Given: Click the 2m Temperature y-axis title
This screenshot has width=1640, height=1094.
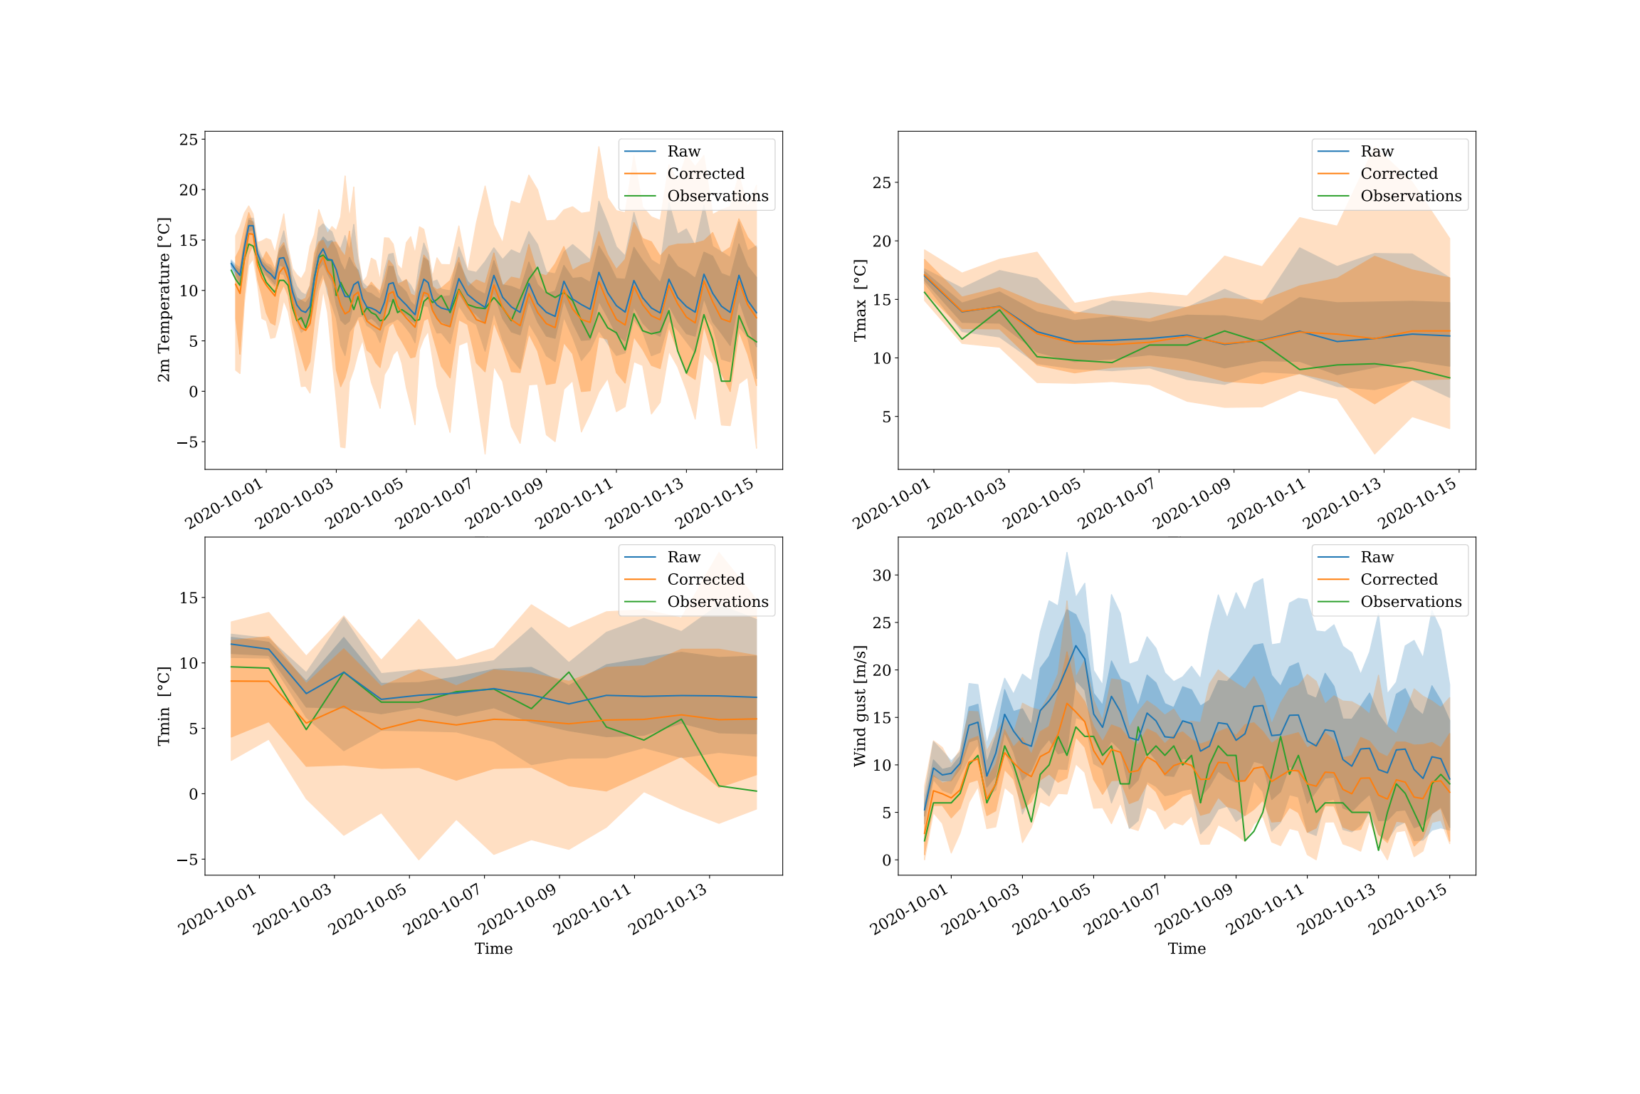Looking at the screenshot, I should (164, 300).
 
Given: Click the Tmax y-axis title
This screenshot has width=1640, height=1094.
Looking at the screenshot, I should (861, 300).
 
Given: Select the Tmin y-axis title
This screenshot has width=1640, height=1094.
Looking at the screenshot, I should (164, 706).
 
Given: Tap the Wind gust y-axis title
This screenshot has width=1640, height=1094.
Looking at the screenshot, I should (861, 706).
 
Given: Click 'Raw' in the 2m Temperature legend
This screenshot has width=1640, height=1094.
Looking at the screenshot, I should (683, 151).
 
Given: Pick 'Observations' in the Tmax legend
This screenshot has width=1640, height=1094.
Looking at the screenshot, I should (1411, 196).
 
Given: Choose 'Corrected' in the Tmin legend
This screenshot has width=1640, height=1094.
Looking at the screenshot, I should (705, 579).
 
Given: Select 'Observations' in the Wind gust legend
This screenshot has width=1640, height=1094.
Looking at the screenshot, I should (1411, 602).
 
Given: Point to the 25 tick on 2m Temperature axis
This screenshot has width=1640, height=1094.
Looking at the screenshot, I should (189, 140).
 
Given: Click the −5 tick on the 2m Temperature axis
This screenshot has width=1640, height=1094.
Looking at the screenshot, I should (187, 442).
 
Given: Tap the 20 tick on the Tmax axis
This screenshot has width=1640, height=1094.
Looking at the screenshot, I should (882, 241).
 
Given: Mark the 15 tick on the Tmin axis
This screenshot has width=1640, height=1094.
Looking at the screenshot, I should (189, 598).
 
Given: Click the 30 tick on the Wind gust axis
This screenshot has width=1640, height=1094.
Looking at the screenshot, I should (882, 575).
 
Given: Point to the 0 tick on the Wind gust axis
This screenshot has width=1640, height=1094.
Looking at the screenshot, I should (886, 860).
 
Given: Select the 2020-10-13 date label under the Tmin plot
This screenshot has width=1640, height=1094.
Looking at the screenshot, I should (668, 909).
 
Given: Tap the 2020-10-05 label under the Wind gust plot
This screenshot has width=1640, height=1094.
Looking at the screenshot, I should (1052, 909).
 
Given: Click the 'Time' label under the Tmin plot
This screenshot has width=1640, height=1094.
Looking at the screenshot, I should (493, 949).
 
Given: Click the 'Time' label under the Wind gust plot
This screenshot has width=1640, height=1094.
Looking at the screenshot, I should (1187, 949).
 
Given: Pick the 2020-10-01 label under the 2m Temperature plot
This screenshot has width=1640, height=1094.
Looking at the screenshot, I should (224, 503).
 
